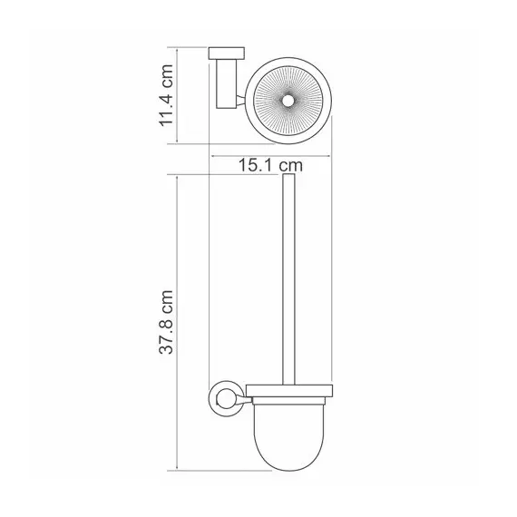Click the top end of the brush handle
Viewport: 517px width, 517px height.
click(291, 180)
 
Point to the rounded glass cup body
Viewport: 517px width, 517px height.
click(291, 431)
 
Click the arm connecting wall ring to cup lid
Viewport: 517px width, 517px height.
click(245, 395)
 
